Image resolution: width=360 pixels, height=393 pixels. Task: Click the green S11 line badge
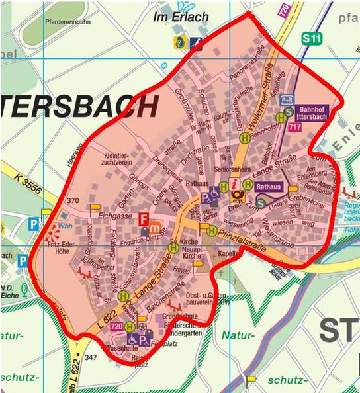click(x=312, y=39)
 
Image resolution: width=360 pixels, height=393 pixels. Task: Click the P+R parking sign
click(x=287, y=99)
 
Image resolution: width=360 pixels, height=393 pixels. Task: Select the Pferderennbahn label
click(x=67, y=21)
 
